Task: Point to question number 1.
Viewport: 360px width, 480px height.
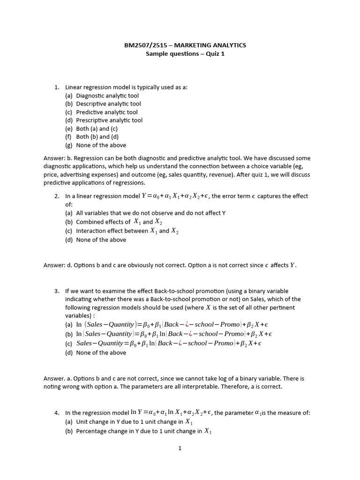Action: click(57, 87)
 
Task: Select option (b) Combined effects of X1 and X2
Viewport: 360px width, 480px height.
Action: click(114, 222)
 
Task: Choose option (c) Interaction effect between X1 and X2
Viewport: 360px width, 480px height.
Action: click(122, 231)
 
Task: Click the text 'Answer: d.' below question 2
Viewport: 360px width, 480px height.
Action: click(59, 265)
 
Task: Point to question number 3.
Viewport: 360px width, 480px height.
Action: click(57, 291)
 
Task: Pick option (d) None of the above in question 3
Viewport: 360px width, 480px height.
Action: click(101, 352)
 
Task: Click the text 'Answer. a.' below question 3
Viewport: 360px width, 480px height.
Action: click(58, 378)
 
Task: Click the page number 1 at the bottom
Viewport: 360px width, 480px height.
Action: click(180, 448)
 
